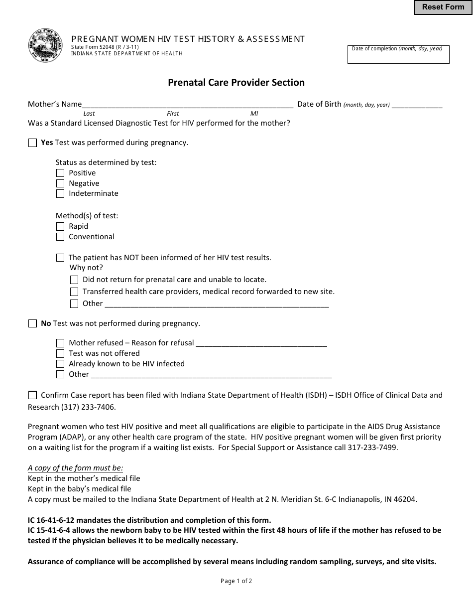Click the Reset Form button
tap(443, 7)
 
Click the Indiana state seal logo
tap(45, 45)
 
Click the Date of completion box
tap(398, 55)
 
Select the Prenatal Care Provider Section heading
tap(236, 83)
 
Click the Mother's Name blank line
tap(187, 105)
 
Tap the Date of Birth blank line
tap(417, 105)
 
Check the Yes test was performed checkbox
tap(32, 143)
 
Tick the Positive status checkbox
tap(60, 173)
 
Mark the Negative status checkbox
tap(60, 183)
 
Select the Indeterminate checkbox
tap(60, 194)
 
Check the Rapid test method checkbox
tap(60, 227)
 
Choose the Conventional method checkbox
tap(60, 237)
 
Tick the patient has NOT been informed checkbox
tap(60, 258)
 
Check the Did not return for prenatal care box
tap(74, 280)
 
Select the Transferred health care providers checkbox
tap(74, 292)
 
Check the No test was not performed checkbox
tap(32, 324)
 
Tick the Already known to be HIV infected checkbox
tap(60, 364)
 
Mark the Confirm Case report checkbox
tap(32, 395)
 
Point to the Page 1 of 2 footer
tap(236, 581)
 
